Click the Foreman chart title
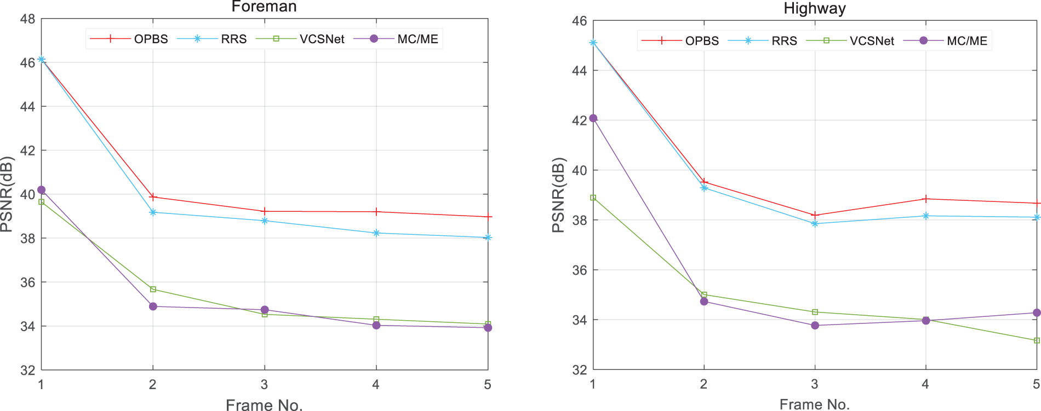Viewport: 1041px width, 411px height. pyautogui.click(x=264, y=7)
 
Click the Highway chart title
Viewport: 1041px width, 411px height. pyautogui.click(x=814, y=8)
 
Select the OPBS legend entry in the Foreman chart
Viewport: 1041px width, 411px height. pyautogui.click(x=151, y=39)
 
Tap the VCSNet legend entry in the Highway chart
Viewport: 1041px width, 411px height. pyautogui.click(x=871, y=41)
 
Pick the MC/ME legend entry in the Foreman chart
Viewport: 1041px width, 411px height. pyautogui.click(x=417, y=39)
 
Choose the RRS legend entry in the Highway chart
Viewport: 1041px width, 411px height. pyautogui.click(x=784, y=41)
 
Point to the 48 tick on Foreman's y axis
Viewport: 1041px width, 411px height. pyautogui.click(x=27, y=19)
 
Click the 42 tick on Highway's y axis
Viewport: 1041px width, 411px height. pyautogui.click(x=579, y=120)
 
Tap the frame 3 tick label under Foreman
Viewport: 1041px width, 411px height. pyautogui.click(x=264, y=385)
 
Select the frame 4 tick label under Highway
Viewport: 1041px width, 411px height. pyautogui.click(x=925, y=384)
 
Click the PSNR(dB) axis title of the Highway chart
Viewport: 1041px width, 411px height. pyautogui.click(x=558, y=195)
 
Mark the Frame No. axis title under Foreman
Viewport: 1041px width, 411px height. pyautogui.click(x=264, y=405)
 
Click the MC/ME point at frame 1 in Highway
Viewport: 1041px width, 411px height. pyautogui.click(x=593, y=118)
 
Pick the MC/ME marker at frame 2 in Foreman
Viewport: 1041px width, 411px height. pyautogui.click(x=153, y=306)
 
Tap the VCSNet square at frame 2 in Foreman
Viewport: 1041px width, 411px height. pyautogui.click(x=153, y=289)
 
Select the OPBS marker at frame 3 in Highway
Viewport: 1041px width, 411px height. pyautogui.click(x=815, y=215)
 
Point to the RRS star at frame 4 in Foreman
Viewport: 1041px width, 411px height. pyautogui.click(x=376, y=233)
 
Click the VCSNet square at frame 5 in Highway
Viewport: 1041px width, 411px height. pyautogui.click(x=1037, y=340)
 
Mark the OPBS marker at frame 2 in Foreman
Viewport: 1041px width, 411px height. pyautogui.click(x=153, y=196)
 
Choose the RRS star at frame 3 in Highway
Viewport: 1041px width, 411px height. pyautogui.click(x=815, y=223)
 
